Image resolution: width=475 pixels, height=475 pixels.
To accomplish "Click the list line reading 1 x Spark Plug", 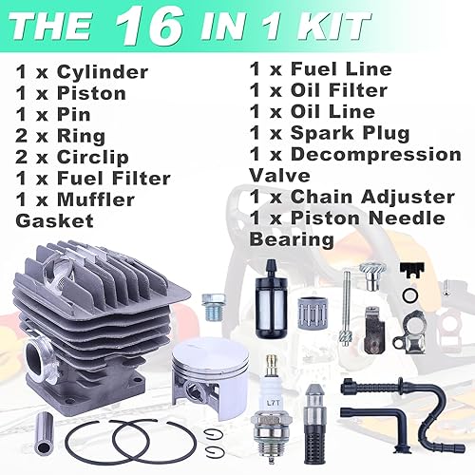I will [x=329, y=133].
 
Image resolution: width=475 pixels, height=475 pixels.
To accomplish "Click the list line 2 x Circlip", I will [x=79, y=157].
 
